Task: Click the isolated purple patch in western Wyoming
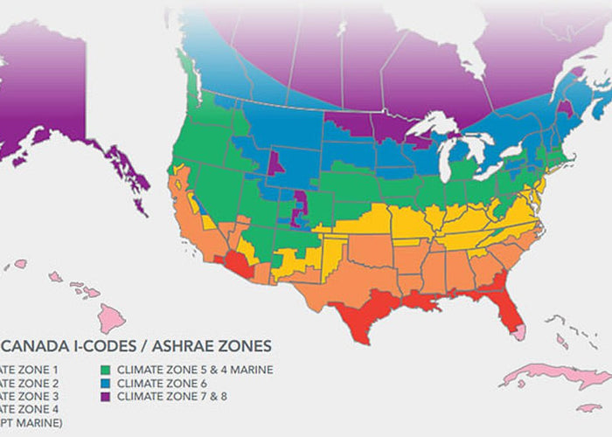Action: (275, 163)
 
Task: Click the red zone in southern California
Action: (237, 263)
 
